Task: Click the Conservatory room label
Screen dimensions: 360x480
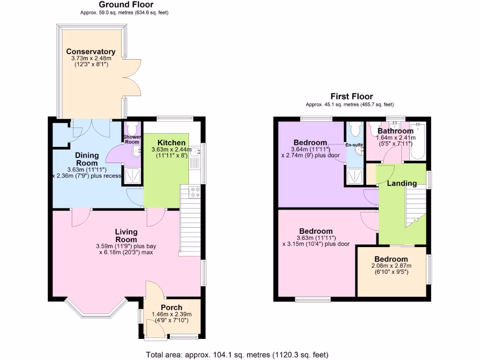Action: tap(90, 52)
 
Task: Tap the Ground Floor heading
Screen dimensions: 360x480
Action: tap(120, 5)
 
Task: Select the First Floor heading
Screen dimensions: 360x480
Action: tap(352, 97)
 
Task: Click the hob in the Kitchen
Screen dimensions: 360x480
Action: tap(194, 192)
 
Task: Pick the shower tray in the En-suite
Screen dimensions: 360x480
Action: tap(354, 176)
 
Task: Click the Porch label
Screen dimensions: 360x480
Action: tap(171, 307)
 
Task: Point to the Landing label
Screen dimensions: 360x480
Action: tap(402, 183)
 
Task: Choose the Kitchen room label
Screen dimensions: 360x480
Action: tap(171, 143)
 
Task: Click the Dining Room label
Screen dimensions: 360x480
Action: tap(87, 159)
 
